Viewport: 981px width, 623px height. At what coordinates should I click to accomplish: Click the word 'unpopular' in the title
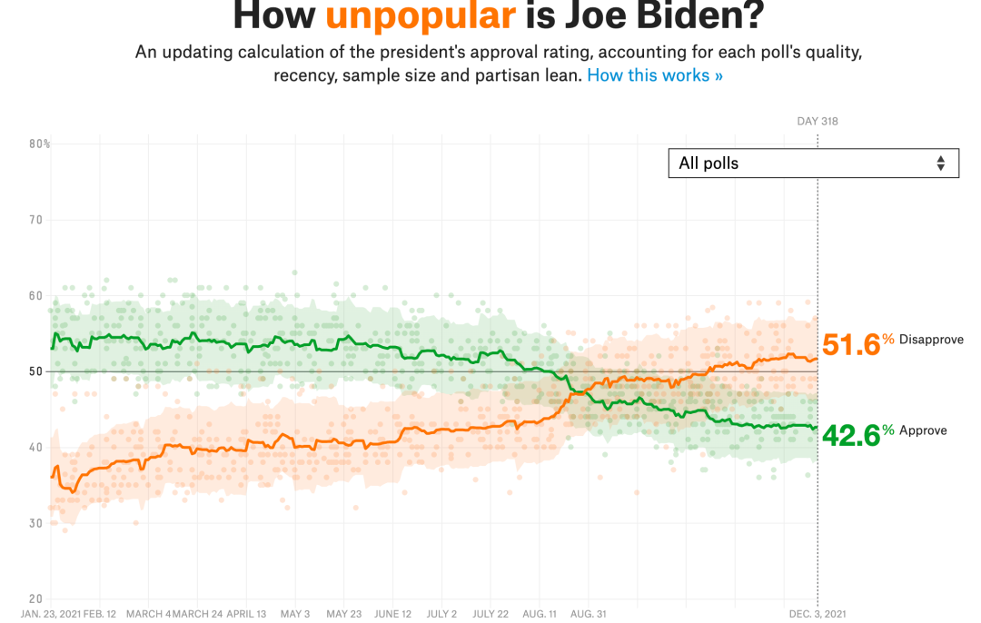click(x=421, y=15)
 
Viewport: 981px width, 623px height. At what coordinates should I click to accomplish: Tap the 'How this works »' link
click(x=655, y=75)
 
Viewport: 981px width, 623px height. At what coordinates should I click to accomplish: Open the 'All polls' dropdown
click(x=813, y=163)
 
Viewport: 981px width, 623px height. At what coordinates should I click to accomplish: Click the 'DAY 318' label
click(x=817, y=122)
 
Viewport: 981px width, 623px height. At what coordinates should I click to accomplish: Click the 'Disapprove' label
click(x=931, y=340)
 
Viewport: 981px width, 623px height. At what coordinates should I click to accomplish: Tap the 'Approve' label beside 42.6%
click(x=923, y=430)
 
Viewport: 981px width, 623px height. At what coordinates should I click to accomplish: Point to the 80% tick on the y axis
click(x=39, y=143)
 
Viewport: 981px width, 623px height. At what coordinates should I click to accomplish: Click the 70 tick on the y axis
click(x=35, y=220)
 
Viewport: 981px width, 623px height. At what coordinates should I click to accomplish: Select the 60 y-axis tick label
click(x=35, y=295)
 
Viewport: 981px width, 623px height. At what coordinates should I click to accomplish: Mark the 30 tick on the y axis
click(x=35, y=523)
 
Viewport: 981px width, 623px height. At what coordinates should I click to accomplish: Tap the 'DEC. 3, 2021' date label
click(x=817, y=613)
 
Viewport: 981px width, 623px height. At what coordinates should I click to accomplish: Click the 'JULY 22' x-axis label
click(x=490, y=613)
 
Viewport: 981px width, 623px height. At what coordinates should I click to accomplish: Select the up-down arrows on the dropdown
click(x=941, y=163)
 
